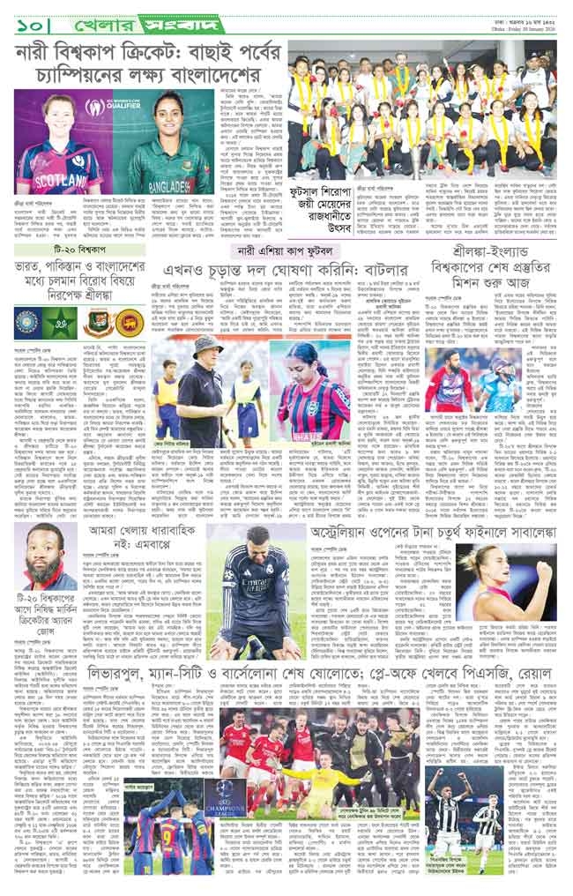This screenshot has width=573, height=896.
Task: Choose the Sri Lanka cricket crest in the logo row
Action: coord(130,320)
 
